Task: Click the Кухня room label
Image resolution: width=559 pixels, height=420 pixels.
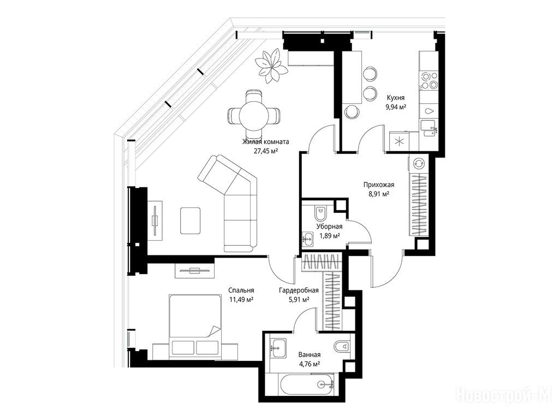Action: pos(396,97)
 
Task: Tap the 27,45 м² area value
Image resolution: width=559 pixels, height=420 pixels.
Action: pos(266,151)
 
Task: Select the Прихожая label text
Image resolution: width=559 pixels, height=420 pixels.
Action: pos(379,185)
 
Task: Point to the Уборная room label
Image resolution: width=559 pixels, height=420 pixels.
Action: pos(329,226)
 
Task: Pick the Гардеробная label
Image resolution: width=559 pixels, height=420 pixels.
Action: pos(299,290)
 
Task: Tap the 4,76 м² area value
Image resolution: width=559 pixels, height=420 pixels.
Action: pos(309,364)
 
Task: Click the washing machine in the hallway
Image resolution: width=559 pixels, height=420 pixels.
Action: pos(418,164)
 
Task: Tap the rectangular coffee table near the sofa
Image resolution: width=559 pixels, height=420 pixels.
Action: pos(191,221)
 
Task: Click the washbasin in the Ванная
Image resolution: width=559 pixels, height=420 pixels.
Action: pos(277,347)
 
